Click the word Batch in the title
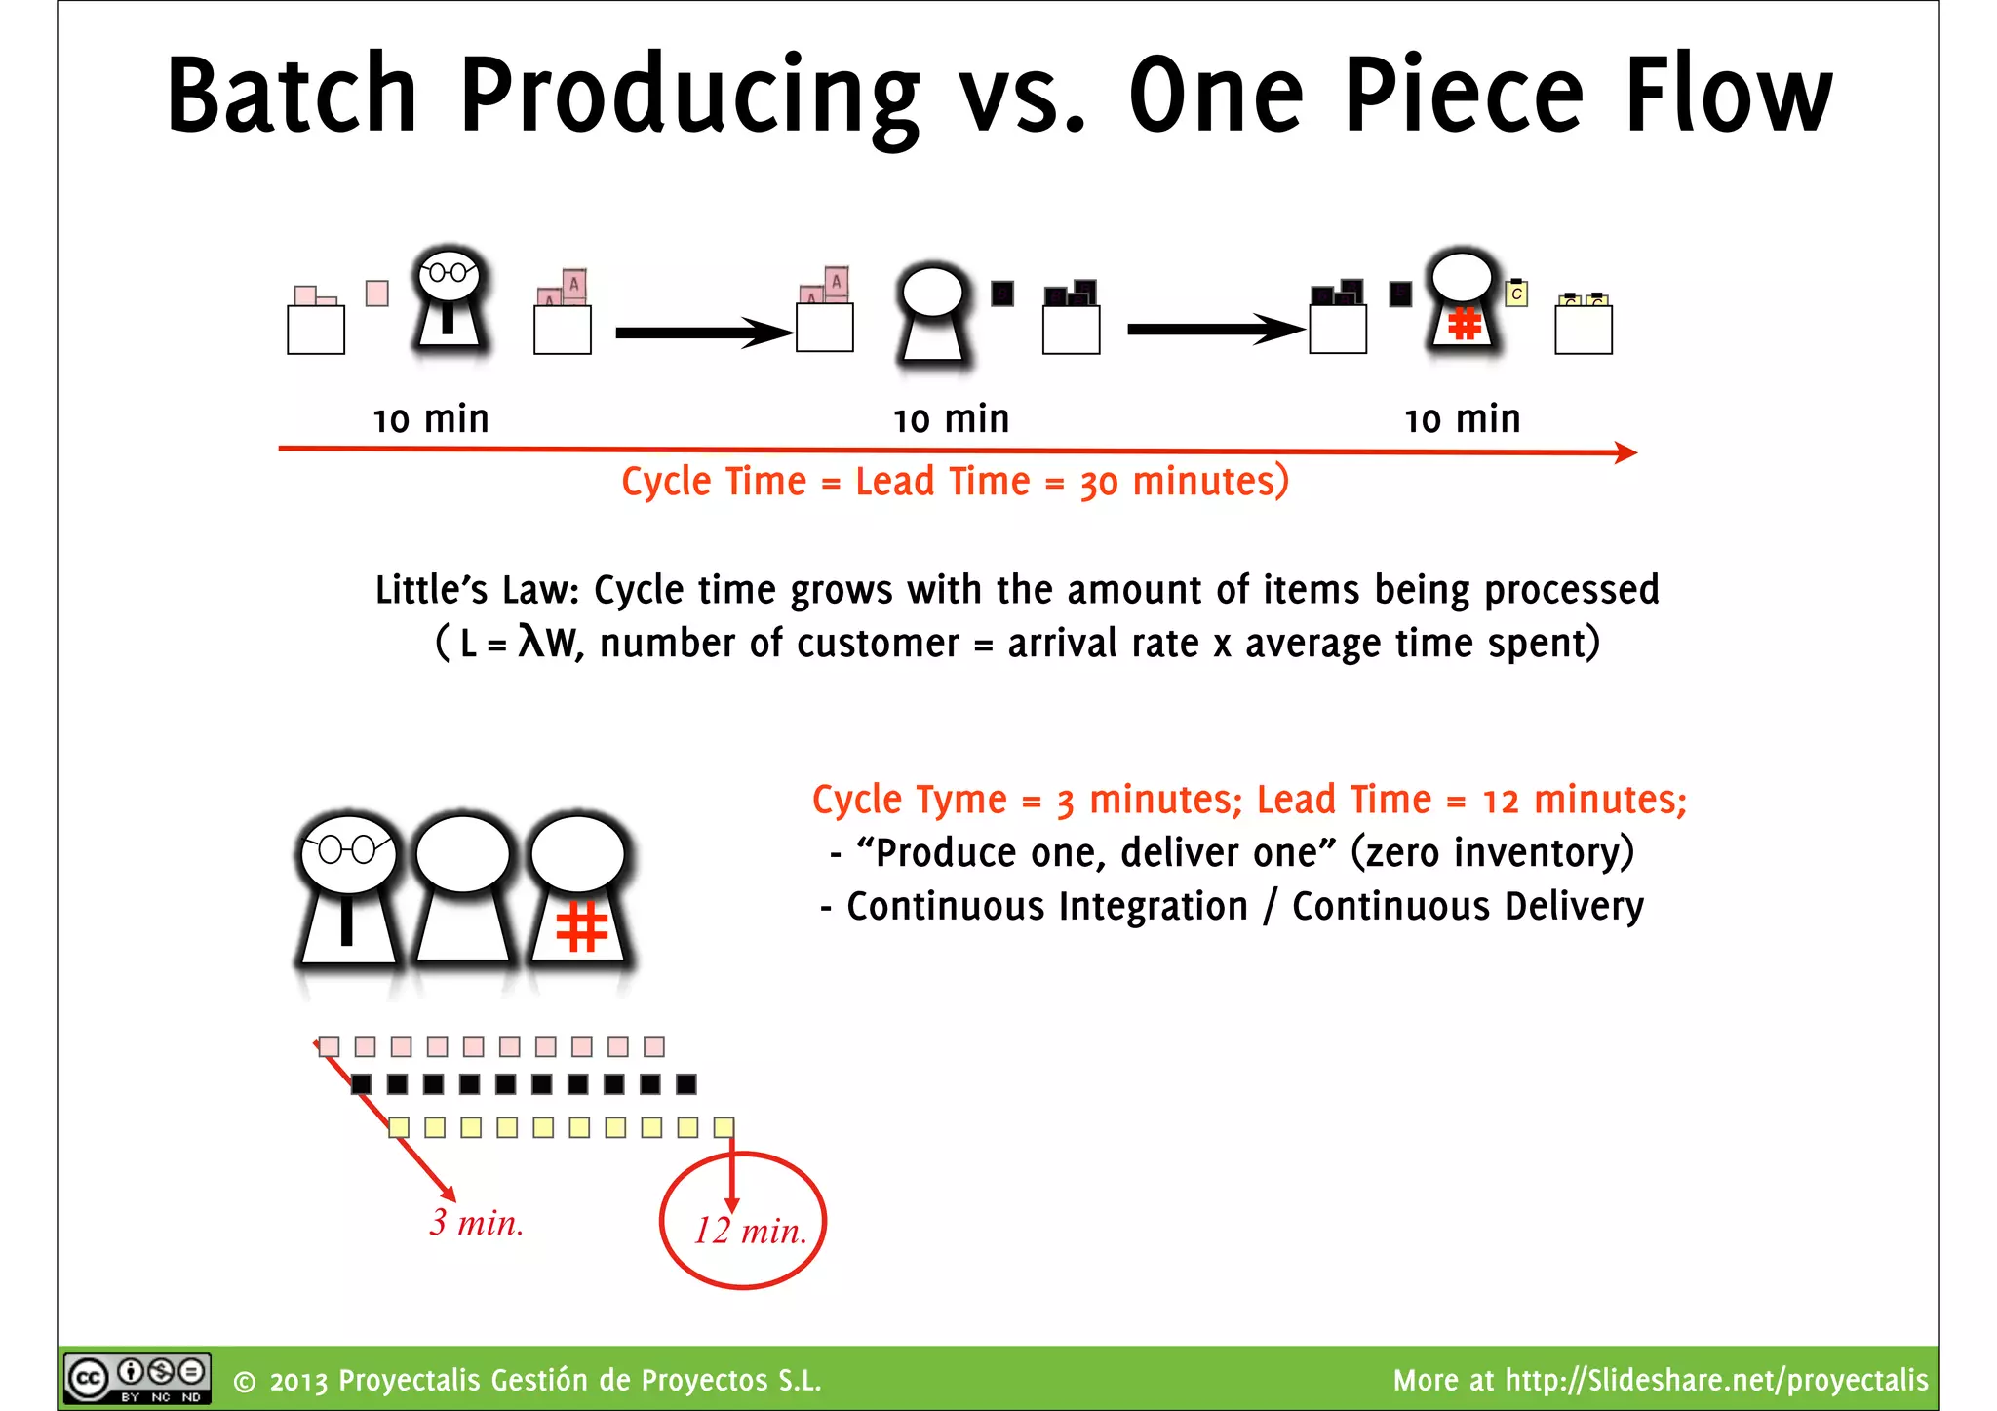292,95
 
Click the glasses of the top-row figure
448,272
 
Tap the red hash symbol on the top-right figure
1465,323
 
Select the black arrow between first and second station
702,333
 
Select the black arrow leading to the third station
1214,330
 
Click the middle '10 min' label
951,419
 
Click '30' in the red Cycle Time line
1098,483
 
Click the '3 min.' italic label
477,1223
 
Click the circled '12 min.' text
750,1232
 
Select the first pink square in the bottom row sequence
330,1046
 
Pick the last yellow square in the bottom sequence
724,1127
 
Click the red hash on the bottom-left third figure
581,927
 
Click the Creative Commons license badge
137,1378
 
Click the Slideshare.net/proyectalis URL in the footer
1716,1380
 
